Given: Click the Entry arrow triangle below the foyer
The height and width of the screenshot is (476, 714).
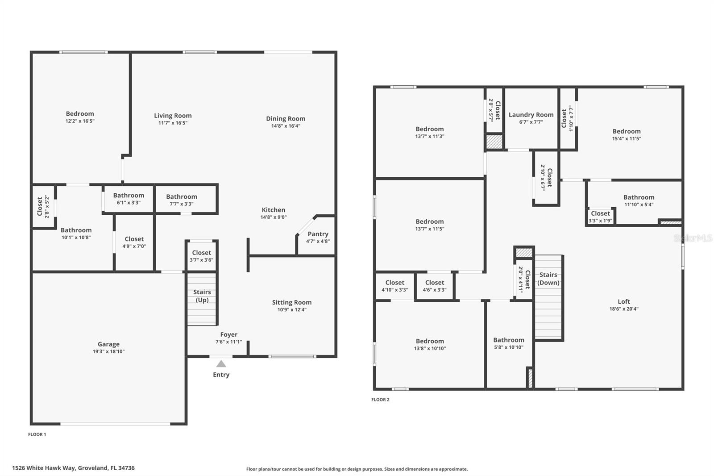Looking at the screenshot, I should pos(221,364).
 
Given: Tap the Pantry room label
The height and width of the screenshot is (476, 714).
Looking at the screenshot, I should pos(318,234).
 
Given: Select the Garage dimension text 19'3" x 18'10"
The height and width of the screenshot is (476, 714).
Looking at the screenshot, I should pos(108,351).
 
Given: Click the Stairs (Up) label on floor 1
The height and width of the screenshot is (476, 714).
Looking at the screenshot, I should pos(202,296).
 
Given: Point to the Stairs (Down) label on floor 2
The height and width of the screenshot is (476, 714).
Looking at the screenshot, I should pos(548,279).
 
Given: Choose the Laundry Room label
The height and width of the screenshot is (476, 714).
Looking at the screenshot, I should pos(531,115).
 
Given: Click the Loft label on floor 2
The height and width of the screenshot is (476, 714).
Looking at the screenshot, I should pos(624,301).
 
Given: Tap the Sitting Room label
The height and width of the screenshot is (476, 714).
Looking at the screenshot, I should pos(291,302).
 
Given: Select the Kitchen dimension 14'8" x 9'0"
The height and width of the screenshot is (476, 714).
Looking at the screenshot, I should pos(273,217).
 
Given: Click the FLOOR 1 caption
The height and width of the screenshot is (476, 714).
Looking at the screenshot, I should pos(37,434).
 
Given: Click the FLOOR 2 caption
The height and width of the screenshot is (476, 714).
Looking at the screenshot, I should pos(380,399).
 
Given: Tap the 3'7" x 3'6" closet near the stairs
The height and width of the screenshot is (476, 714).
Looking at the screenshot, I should pos(202,256).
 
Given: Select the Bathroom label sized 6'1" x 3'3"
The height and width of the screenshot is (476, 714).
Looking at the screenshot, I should pos(129,195).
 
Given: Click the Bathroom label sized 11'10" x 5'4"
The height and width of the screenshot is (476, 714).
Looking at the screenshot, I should pos(639,197).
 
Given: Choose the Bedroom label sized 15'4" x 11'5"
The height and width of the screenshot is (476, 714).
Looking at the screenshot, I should pos(627,131).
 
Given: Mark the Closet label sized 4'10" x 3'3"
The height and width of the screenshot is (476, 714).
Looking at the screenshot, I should pos(394,282).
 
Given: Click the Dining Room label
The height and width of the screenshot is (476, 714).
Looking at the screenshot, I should pos(286,118).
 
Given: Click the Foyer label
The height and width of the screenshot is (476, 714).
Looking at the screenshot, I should pos(228,334).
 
